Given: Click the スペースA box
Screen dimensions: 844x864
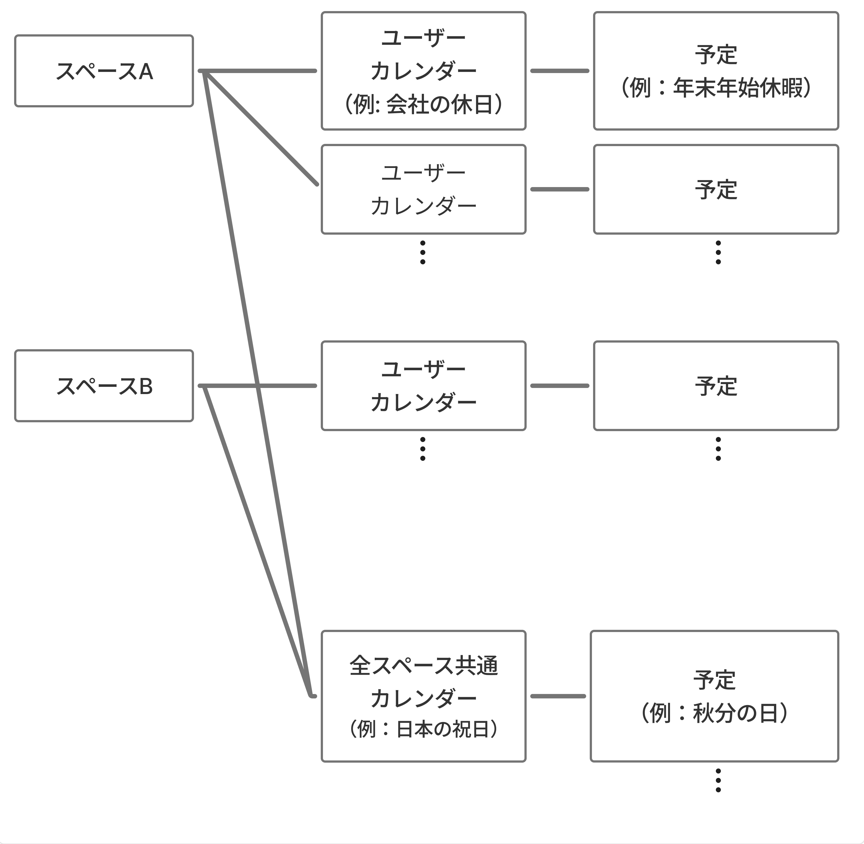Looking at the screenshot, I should (x=104, y=71).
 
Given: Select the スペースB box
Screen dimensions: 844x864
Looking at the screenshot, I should (x=104, y=386).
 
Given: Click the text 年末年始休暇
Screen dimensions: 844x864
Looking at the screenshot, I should (x=738, y=87).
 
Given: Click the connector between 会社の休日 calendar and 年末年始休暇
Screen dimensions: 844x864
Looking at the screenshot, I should (x=560, y=71).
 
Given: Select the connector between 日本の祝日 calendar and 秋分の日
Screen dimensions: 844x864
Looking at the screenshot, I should (x=558, y=696).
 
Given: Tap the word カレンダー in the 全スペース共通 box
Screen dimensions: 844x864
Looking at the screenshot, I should (x=423, y=698).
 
